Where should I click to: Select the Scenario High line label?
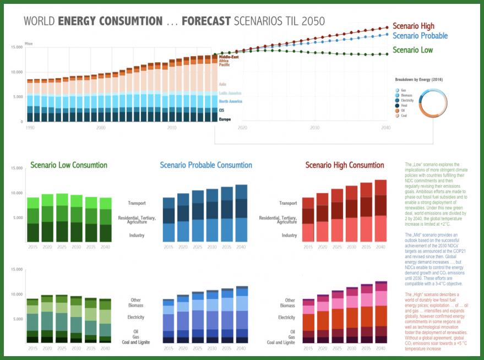[x=413, y=26]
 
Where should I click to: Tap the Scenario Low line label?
[x=412, y=50]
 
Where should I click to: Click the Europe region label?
[x=225, y=119]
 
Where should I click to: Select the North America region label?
[x=230, y=101]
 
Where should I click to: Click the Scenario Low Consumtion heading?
[x=69, y=165]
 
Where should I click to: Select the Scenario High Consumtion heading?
[x=345, y=165]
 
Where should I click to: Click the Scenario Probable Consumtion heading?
[x=206, y=165]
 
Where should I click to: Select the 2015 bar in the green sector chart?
[x=33, y=220]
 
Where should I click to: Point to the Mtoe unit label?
[x=29, y=42]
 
